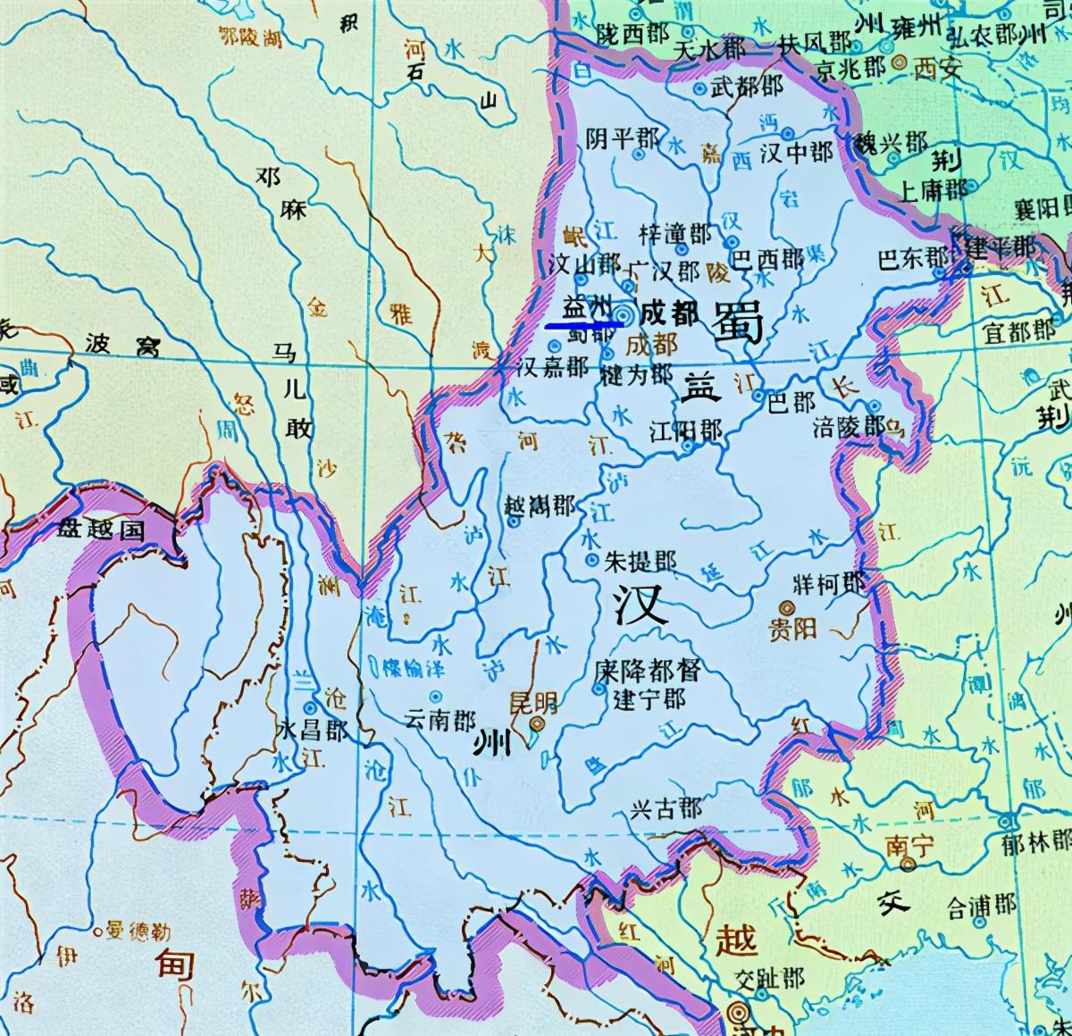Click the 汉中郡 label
796,153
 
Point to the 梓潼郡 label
675,234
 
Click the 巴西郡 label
768,260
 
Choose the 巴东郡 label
913,258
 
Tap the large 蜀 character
738,322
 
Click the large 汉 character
641,606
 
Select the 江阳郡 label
686,431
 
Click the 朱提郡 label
640,561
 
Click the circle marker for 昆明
537,725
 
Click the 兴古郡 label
666,809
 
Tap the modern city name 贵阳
792,628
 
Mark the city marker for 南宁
908,865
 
